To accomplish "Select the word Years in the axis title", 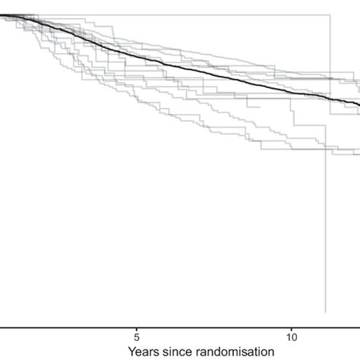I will (x=144, y=352).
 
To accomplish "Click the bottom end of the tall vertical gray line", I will (x=326, y=312).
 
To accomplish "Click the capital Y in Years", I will (x=132, y=352).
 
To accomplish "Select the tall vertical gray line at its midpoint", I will (x=327, y=163).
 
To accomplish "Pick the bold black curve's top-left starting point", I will (x=2, y=16).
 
